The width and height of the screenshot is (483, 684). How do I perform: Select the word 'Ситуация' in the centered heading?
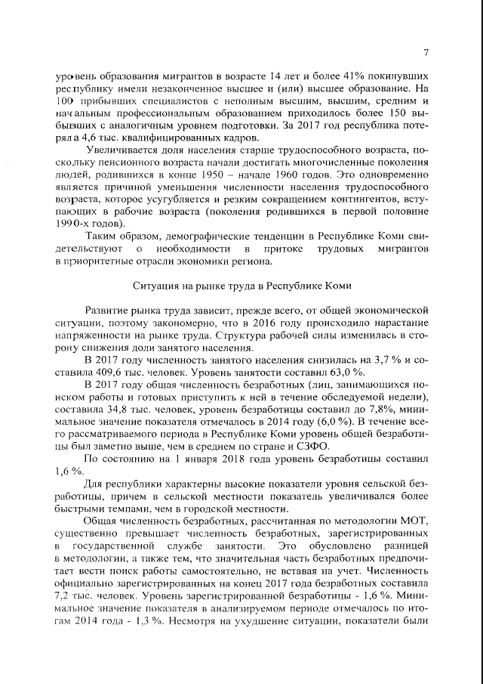155,286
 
